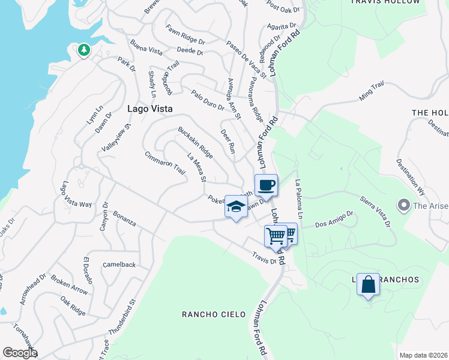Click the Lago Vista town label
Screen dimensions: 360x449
point(150,109)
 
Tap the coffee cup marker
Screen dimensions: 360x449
point(266,185)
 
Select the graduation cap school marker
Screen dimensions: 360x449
point(236,207)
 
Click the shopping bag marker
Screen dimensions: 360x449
point(368,284)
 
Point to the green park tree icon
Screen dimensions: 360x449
point(83,50)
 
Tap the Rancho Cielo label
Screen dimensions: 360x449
point(205,314)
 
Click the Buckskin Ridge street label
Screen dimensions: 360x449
point(195,143)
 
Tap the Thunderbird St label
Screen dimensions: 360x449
point(123,317)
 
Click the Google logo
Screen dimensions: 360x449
point(19,353)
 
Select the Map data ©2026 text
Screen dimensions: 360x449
point(423,355)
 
